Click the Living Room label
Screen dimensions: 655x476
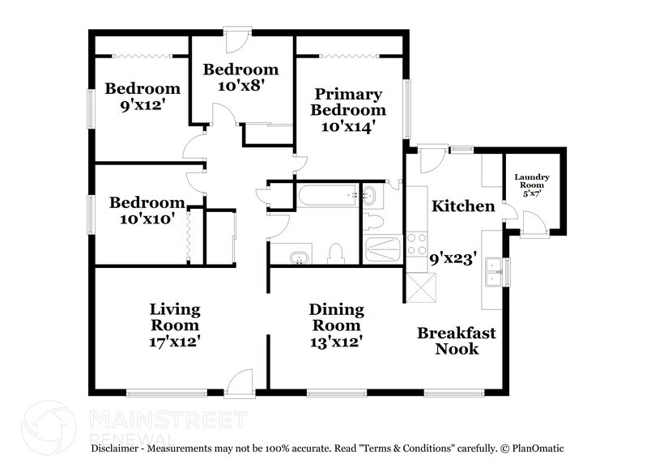(175, 317)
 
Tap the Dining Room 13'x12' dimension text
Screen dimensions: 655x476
(336, 342)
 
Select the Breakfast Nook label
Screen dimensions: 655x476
(457, 341)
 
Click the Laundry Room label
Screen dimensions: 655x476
(532, 181)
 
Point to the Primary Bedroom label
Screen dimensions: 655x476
(348, 102)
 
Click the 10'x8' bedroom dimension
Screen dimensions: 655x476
(241, 86)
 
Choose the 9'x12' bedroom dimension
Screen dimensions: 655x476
(141, 104)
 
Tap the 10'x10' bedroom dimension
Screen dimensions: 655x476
(147, 219)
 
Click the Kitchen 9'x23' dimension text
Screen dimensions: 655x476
(453, 259)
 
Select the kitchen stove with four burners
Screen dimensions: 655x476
(416, 244)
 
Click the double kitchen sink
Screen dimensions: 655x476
(493, 272)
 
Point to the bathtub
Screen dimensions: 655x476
(327, 195)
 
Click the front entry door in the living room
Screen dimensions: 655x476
(240, 382)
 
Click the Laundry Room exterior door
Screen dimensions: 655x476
(534, 224)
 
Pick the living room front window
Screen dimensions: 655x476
(167, 393)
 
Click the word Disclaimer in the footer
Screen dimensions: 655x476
(114, 448)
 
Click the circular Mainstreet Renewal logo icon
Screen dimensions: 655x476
(49, 426)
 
